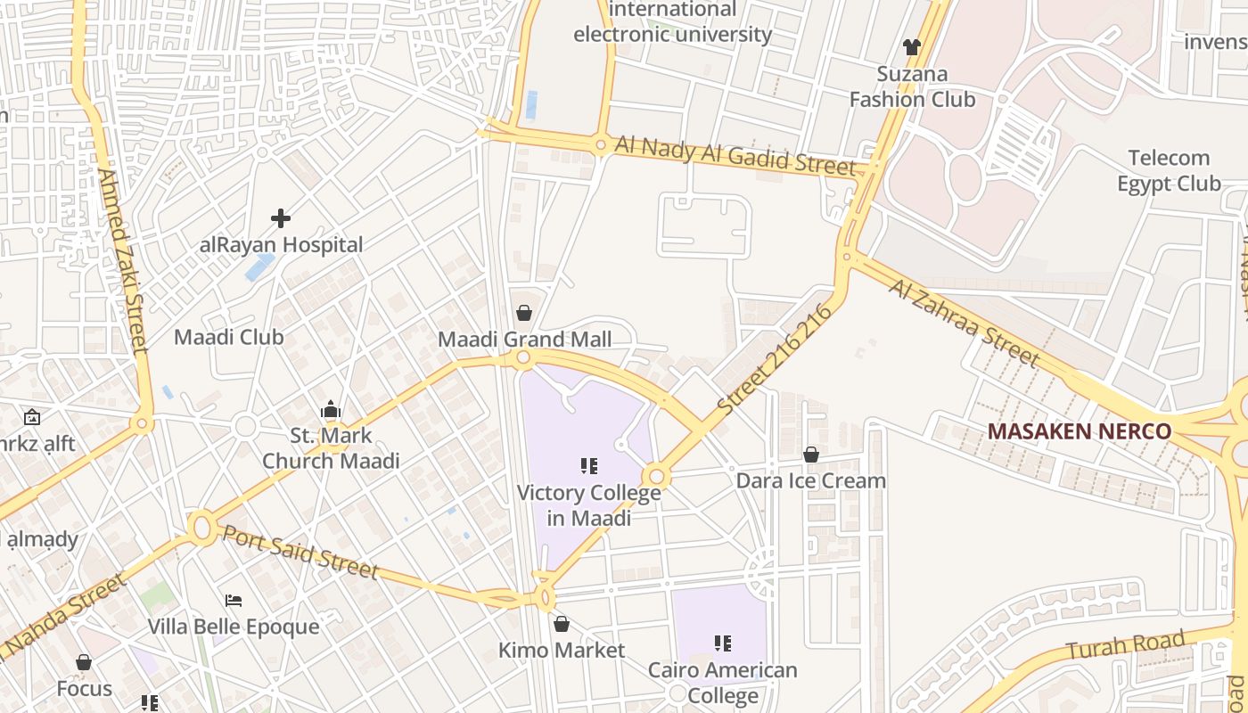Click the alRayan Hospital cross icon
(x=281, y=217)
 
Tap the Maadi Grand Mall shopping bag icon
(x=524, y=313)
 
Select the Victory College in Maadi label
(x=588, y=505)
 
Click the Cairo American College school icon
(x=722, y=643)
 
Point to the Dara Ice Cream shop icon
(x=811, y=455)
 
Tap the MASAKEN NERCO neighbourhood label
(x=1079, y=431)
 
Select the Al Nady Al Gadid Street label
(x=735, y=155)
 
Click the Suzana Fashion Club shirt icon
(x=911, y=46)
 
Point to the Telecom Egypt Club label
(x=1169, y=171)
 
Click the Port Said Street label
(x=300, y=552)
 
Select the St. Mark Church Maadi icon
(x=331, y=410)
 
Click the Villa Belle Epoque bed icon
(x=234, y=601)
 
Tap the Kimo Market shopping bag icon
(x=562, y=624)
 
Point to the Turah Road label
(x=1125, y=646)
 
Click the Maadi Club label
(x=228, y=337)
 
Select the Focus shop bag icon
(x=84, y=662)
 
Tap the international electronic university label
(x=672, y=22)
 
